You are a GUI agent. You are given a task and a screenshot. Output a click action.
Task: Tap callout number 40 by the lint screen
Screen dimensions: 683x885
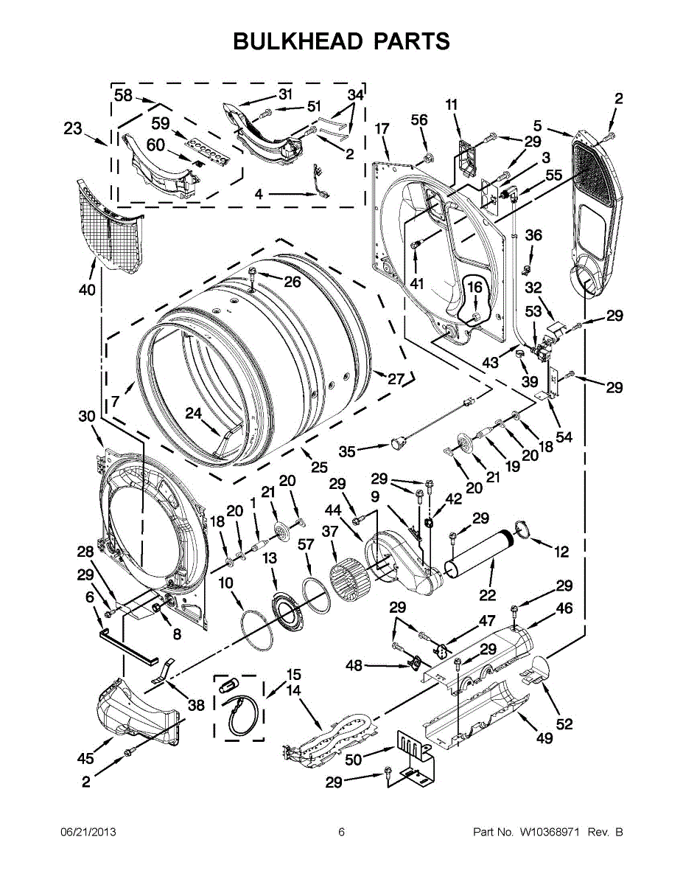click(x=88, y=290)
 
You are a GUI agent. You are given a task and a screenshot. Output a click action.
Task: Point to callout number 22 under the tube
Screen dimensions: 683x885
click(x=488, y=595)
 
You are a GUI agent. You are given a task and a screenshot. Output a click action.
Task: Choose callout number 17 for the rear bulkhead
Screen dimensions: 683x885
click(x=382, y=129)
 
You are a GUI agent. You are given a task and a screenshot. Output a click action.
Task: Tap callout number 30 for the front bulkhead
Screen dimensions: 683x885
click(x=87, y=416)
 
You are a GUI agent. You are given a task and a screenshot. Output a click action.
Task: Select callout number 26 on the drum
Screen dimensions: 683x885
click(x=293, y=281)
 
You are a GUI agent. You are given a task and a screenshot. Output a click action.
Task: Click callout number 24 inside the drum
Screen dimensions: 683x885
click(x=194, y=413)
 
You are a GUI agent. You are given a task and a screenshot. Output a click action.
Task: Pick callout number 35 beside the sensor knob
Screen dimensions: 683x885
click(x=347, y=451)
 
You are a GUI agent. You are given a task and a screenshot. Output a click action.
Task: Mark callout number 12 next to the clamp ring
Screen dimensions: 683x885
click(x=561, y=552)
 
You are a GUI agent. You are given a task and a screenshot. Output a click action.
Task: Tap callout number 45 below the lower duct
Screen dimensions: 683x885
click(x=85, y=758)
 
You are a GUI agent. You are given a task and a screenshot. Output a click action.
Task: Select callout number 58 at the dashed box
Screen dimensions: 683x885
click(x=123, y=95)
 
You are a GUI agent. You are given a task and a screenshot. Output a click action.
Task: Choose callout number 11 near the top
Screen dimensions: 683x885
click(x=452, y=105)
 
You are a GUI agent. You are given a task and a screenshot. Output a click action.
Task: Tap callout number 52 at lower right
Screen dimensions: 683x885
click(x=564, y=723)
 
